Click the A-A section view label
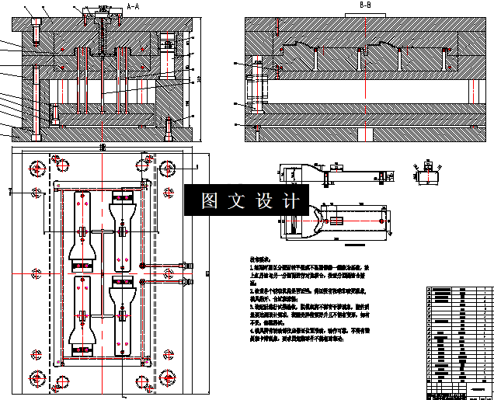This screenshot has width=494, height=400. click(x=133, y=5)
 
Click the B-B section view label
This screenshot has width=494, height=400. click(x=365, y=5)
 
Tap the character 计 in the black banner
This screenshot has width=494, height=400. click(x=291, y=201)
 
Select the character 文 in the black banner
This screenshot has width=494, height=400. click(x=237, y=201)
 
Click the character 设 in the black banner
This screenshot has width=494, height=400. click(x=264, y=201)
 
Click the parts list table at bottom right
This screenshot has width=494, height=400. click(x=459, y=341)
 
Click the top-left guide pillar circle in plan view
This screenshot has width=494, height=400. click(x=36, y=167)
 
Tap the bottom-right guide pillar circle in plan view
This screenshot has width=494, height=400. click(x=166, y=379)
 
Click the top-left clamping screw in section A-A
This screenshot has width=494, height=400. click(x=36, y=31)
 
